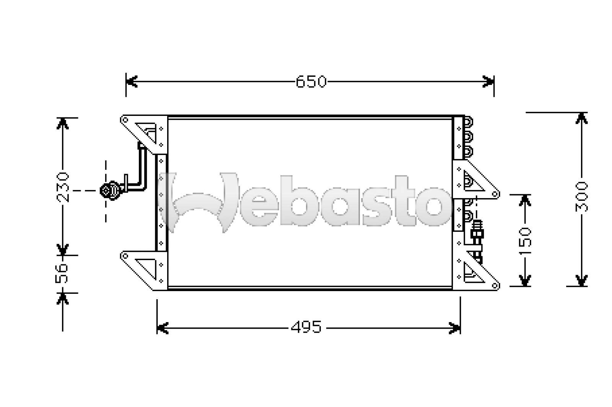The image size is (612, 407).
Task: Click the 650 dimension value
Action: point(311,81)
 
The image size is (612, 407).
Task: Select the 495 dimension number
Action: point(306,327)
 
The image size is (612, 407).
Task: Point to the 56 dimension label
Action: point(63,273)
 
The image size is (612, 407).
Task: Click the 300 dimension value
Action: point(581,197)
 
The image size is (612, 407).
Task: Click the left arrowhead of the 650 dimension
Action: point(131,81)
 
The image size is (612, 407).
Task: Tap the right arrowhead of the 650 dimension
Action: point(488,81)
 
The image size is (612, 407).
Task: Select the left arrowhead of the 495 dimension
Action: point(162,328)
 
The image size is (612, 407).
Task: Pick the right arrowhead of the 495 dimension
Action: point(455,328)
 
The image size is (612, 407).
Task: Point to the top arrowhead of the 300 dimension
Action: point(581,118)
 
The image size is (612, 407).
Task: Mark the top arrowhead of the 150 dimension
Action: point(526,200)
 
